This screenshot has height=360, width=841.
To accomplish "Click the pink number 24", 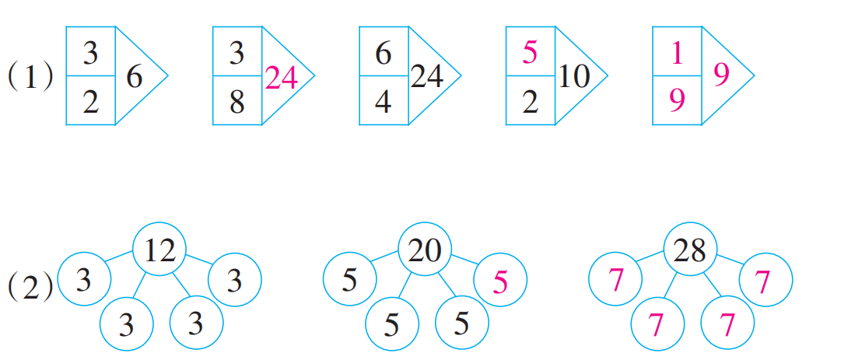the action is (x=281, y=77).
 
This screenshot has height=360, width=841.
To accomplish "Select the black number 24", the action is (x=427, y=76).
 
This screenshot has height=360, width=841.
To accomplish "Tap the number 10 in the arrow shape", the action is (x=573, y=76).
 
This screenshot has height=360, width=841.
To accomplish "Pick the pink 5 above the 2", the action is (x=530, y=53).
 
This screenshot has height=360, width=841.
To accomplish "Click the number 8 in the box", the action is (x=237, y=101).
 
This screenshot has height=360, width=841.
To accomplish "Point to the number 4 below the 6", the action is (x=383, y=101).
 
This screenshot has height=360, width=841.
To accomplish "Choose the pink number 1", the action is (x=676, y=53).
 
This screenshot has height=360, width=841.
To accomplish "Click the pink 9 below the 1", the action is (x=676, y=101).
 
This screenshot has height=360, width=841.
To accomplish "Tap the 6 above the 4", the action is (x=383, y=53).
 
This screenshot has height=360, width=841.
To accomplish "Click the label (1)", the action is (x=30, y=77).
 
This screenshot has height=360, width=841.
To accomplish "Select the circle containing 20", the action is (x=425, y=250).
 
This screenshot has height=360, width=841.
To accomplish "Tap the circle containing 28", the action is (x=689, y=250).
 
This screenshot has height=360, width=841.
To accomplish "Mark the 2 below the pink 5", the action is (x=530, y=101).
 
